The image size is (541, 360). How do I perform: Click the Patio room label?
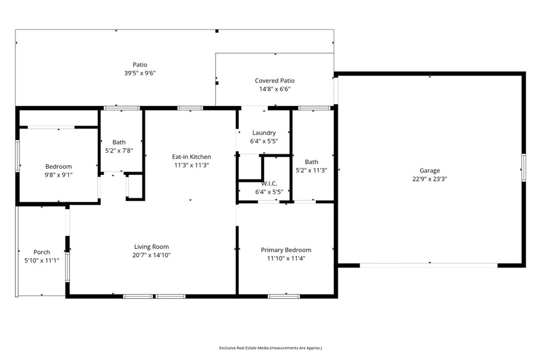click(x=139, y=64)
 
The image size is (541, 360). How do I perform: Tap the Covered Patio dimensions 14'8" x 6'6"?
click(x=275, y=89)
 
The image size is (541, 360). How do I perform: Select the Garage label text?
click(x=430, y=170)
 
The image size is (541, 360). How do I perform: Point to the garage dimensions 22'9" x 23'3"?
click(x=430, y=178)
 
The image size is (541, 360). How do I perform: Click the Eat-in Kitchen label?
click(x=191, y=157)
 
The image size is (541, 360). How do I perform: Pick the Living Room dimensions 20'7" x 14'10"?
click(x=152, y=255)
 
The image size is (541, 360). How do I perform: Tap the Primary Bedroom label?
click(x=286, y=250)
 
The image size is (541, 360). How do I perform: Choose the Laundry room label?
click(x=264, y=133)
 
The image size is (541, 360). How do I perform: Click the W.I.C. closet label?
click(x=269, y=184)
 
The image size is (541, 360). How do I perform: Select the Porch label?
click(x=42, y=252)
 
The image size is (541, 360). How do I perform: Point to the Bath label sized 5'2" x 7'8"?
click(x=119, y=142)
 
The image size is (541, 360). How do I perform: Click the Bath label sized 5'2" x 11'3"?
click(x=312, y=162)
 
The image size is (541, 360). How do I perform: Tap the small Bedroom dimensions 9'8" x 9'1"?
click(x=58, y=175)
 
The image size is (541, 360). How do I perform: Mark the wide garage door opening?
click(x=429, y=266)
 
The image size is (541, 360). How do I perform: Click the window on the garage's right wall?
click(x=524, y=167)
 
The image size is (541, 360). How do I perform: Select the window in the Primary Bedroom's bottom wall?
click(x=284, y=296)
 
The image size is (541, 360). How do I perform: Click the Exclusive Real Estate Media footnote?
click(x=270, y=348)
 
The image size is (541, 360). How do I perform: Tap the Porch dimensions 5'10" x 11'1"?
click(x=42, y=261)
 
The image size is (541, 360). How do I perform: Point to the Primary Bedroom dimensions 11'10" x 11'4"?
click(x=286, y=258)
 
